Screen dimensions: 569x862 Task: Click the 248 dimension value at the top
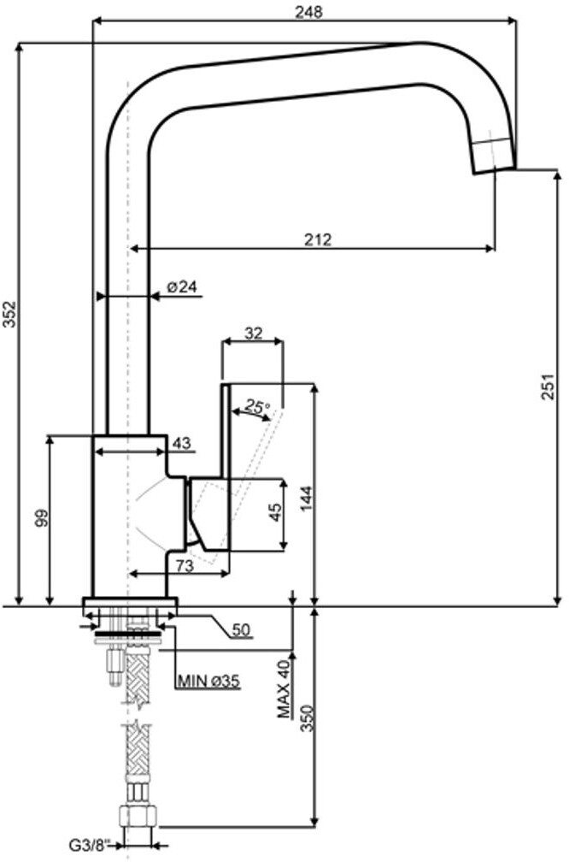pos(308,12)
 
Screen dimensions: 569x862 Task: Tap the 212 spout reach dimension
pos(318,239)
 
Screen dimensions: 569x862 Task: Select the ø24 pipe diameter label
pos(184,286)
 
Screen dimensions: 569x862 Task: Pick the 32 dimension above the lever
pos(253,334)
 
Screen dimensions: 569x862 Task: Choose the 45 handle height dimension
pos(276,512)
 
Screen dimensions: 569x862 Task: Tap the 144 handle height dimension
pos(306,498)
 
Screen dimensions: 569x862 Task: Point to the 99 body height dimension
pos(42,518)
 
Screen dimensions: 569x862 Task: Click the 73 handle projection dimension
pos(185,565)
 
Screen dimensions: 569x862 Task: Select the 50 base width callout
pos(241,630)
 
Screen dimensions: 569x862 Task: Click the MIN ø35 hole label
pos(208,682)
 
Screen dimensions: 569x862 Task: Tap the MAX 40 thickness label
pos(284,690)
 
